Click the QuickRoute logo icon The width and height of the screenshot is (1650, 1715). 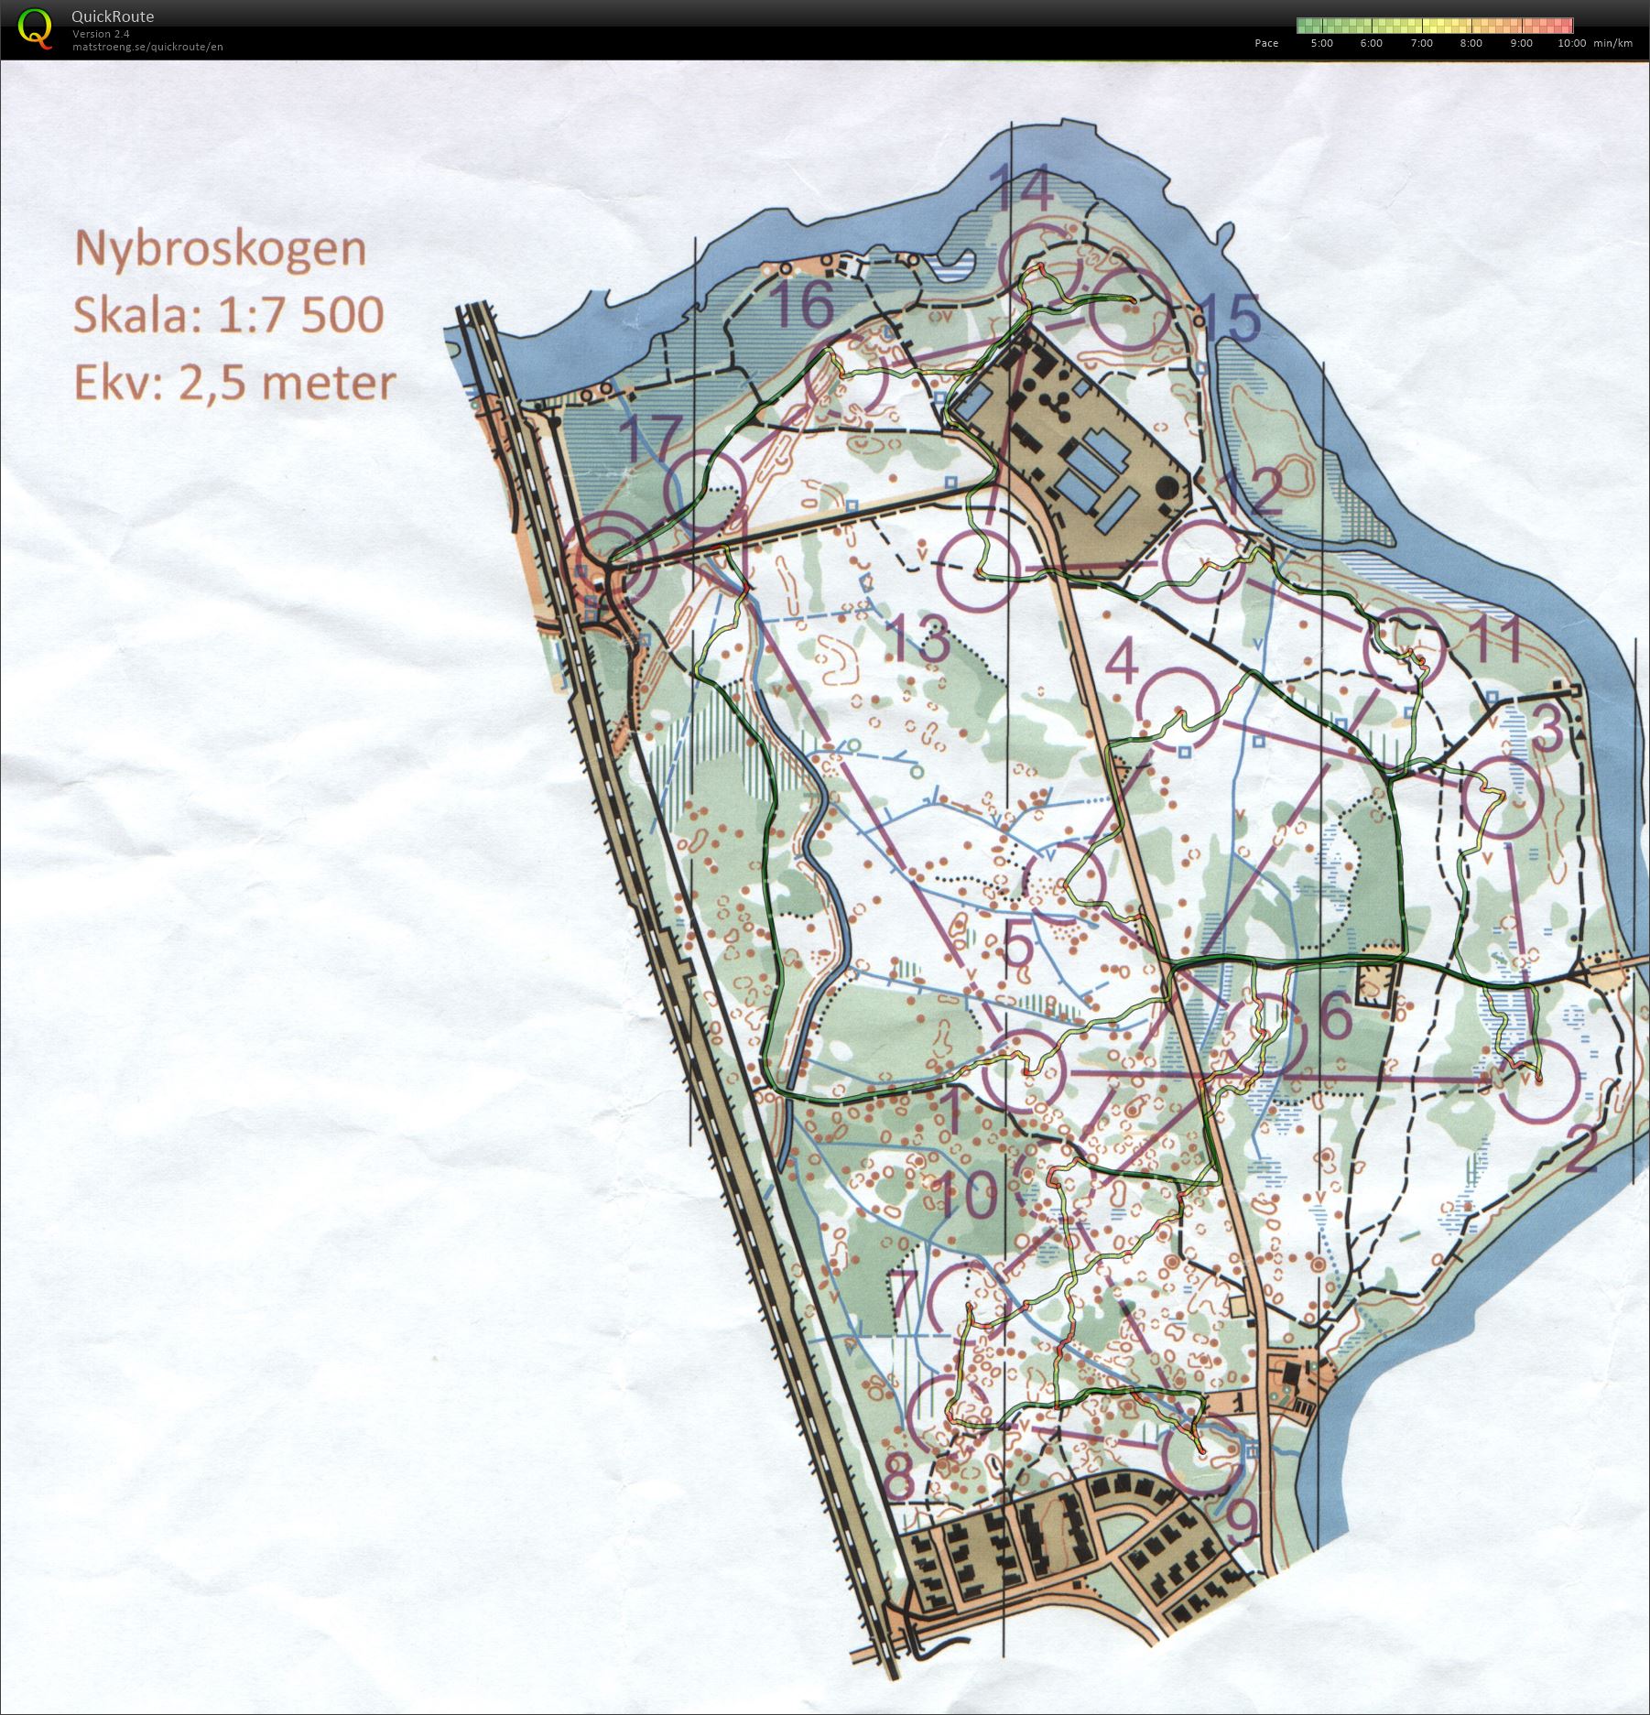(x=35, y=27)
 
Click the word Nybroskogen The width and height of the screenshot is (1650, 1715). (x=220, y=248)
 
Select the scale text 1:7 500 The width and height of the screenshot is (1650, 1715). (x=300, y=314)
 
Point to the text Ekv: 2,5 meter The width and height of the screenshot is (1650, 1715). (x=233, y=383)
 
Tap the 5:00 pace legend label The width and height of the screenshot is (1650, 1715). (x=1321, y=43)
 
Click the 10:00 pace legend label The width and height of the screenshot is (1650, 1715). (x=1571, y=43)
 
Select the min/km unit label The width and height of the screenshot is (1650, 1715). (x=1612, y=43)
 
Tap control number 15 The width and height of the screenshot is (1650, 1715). (x=1228, y=317)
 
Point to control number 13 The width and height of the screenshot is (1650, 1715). (x=919, y=639)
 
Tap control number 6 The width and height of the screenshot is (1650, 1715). (x=1336, y=1016)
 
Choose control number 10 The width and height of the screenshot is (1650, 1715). (x=968, y=1195)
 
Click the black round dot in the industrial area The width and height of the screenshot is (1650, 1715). (x=1167, y=486)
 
